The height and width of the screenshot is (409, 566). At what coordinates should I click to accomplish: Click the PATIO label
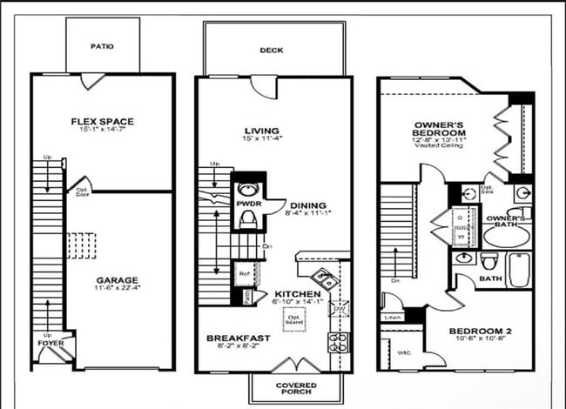tap(103, 46)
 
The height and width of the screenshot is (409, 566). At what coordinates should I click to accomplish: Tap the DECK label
tap(271, 50)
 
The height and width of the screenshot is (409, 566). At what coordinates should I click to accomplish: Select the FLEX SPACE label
tap(102, 121)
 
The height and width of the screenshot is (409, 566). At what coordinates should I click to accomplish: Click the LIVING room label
tap(261, 131)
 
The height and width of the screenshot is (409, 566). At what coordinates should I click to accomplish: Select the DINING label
tap(307, 205)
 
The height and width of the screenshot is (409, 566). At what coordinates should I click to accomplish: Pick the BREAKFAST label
tap(238, 338)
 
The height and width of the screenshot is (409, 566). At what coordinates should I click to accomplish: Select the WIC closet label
tap(404, 352)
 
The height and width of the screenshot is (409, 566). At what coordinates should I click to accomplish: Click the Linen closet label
tap(393, 318)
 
